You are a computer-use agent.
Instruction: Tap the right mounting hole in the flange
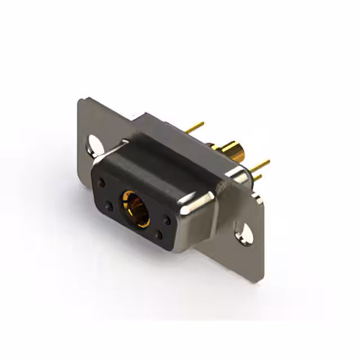[x=245, y=232]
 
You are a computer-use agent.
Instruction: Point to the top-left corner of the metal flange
[x=79, y=100]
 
